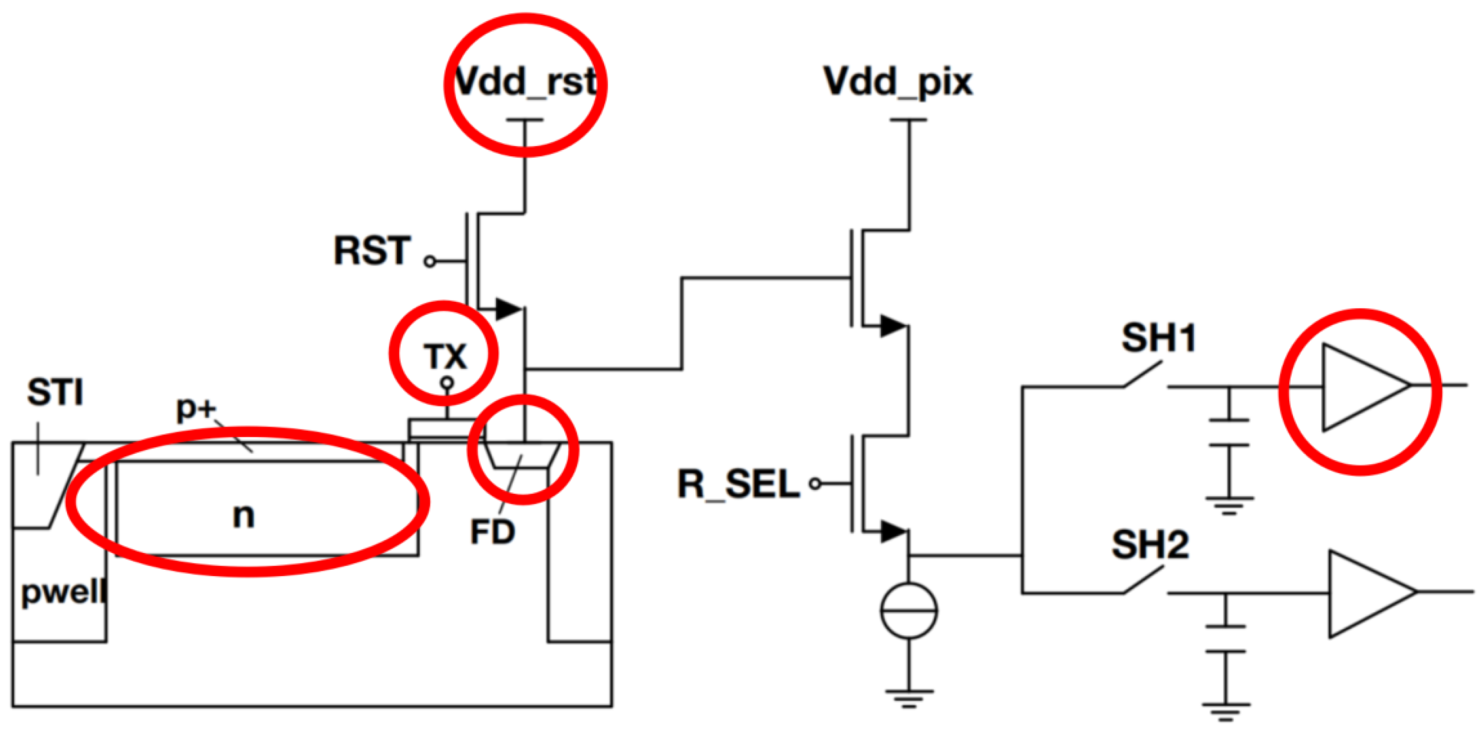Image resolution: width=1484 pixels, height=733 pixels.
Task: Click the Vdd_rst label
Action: [x=524, y=82]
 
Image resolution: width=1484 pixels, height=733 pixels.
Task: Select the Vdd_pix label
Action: [x=898, y=82]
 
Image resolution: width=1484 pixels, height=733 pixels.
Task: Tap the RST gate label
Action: [x=372, y=251]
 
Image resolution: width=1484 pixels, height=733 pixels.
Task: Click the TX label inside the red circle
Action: [x=445, y=357]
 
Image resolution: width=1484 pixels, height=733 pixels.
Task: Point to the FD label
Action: [x=492, y=532]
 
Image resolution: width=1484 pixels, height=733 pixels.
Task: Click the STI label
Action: [x=55, y=393]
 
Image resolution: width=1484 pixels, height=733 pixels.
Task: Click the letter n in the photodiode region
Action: [x=244, y=515]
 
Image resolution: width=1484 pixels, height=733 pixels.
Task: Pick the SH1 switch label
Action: [x=1158, y=338]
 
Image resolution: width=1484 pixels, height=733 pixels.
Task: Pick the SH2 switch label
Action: [x=1150, y=545]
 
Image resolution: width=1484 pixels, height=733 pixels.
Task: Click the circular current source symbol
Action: [x=909, y=610]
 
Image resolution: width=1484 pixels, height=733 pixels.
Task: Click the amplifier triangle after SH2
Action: [x=1368, y=593]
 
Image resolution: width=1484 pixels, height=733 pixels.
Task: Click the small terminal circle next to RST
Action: [x=430, y=262]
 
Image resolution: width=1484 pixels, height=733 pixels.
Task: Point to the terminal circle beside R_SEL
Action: [x=815, y=484]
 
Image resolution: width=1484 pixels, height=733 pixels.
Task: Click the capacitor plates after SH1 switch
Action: [x=1229, y=433]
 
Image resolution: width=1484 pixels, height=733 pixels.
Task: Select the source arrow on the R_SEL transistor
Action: [x=893, y=531]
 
